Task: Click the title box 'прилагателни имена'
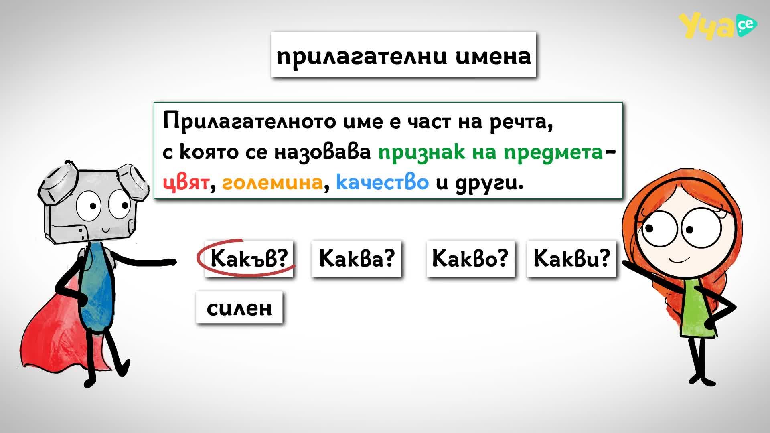[403, 55]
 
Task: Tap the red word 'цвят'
[186, 183]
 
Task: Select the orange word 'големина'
[272, 183]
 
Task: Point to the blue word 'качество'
[382, 182]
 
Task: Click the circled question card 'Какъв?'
[249, 258]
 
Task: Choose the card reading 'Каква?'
[357, 258]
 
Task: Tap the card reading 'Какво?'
[470, 258]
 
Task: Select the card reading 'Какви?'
[571, 258]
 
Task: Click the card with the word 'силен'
[239, 308]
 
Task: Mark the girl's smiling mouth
[679, 260]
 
